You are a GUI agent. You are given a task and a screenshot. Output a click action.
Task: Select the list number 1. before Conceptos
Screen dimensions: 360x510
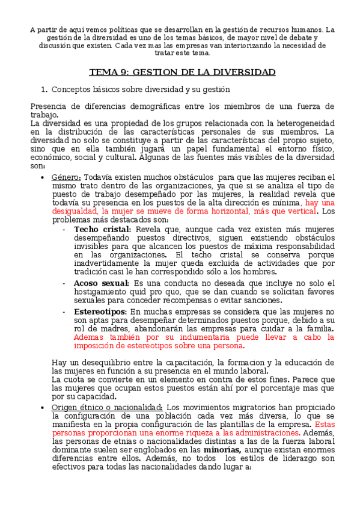43,90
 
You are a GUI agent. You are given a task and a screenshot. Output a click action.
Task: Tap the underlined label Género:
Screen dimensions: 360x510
66,177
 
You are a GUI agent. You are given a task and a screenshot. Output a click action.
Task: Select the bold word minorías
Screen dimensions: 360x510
222,449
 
